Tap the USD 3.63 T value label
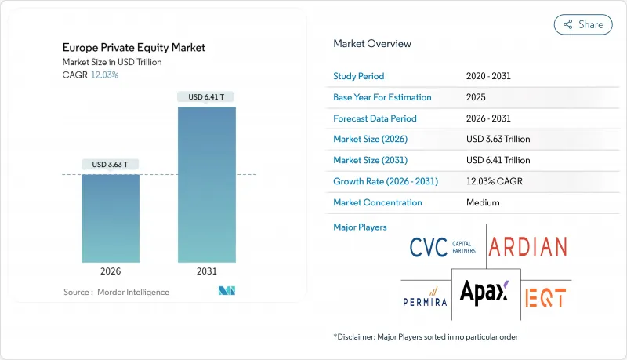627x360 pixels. click(111, 165)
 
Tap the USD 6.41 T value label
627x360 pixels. click(207, 97)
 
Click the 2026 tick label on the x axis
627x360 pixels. click(111, 271)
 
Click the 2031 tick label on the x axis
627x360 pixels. click(207, 271)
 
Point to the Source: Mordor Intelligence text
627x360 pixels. click(116, 292)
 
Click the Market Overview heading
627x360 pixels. click(372, 44)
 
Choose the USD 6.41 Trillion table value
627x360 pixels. click(498, 160)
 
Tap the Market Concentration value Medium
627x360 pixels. click(483, 202)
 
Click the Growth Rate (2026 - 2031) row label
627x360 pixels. click(386, 181)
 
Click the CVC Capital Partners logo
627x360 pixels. click(442, 247)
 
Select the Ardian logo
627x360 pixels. click(527, 247)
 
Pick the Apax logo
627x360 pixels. click(484, 293)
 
